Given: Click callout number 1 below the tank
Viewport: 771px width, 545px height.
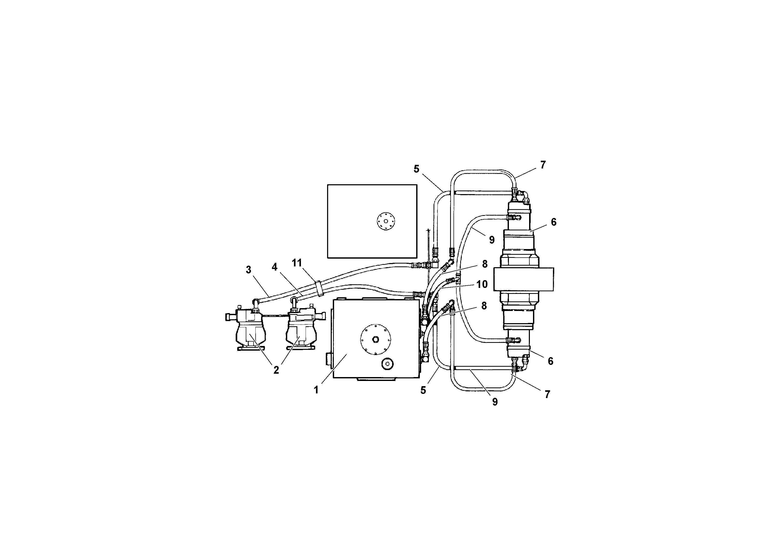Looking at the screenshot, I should (316, 390).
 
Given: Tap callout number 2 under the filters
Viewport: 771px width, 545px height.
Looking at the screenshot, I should (276, 370).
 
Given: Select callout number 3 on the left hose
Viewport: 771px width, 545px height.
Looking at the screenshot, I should (248, 270).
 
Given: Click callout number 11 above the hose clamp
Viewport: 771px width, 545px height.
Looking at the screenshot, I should (297, 263).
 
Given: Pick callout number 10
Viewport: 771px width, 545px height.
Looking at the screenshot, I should (482, 284).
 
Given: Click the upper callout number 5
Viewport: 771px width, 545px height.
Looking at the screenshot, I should (416, 169).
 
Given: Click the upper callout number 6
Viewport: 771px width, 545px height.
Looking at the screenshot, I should (553, 222).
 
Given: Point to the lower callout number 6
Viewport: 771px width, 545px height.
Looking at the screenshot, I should (550, 361).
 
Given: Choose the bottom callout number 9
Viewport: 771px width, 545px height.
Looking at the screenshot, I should (495, 402).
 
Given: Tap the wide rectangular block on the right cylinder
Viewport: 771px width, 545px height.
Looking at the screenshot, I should (523, 279).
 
